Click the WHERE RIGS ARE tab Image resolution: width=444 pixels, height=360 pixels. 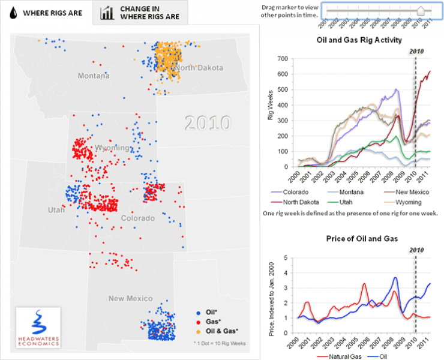tap(45, 13)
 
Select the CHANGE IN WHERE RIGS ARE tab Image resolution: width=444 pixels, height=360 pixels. tap(140, 13)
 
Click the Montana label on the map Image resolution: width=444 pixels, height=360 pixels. tap(93, 76)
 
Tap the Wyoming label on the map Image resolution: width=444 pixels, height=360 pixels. tap(112, 148)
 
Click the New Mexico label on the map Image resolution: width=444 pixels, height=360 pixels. tap(130, 298)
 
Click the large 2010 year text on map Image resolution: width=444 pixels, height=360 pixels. tap(207, 122)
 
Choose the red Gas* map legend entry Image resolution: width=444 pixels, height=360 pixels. tap(211, 322)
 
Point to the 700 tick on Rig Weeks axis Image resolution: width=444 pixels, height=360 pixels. tap(282, 59)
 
